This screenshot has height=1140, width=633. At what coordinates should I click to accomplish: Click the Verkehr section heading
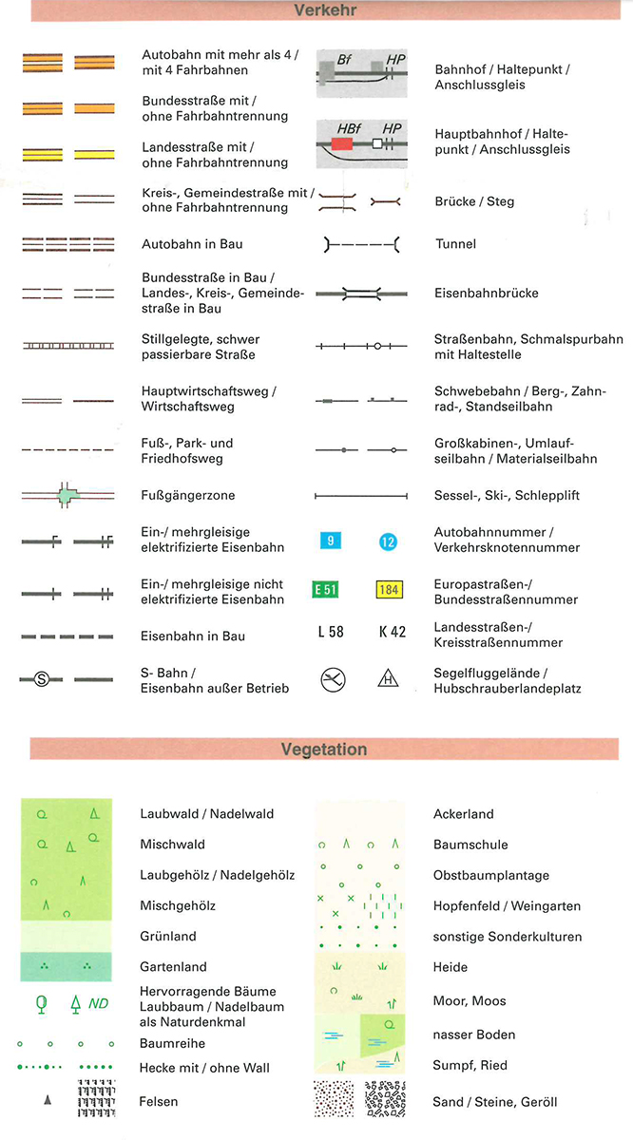point(317,10)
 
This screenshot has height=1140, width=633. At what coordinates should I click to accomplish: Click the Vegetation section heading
point(323,750)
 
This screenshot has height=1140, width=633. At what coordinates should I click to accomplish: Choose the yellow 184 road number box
point(389,589)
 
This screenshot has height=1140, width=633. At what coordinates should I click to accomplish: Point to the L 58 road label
point(330,631)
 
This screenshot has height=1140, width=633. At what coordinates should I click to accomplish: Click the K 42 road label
point(391,631)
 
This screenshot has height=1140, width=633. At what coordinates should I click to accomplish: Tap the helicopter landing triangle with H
point(388,678)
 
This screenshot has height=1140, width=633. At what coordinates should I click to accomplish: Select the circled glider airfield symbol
point(333,678)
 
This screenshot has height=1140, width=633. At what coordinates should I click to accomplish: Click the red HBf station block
point(342,143)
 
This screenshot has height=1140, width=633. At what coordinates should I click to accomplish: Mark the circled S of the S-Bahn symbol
point(41,679)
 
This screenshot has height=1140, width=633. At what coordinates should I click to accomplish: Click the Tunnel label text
point(455,244)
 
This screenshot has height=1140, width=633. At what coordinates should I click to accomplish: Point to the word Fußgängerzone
point(188,495)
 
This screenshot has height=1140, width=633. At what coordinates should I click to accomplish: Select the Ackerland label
point(464,814)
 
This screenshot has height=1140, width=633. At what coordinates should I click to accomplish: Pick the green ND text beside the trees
point(99,1002)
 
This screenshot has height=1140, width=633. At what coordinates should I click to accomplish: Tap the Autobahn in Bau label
point(192,244)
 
